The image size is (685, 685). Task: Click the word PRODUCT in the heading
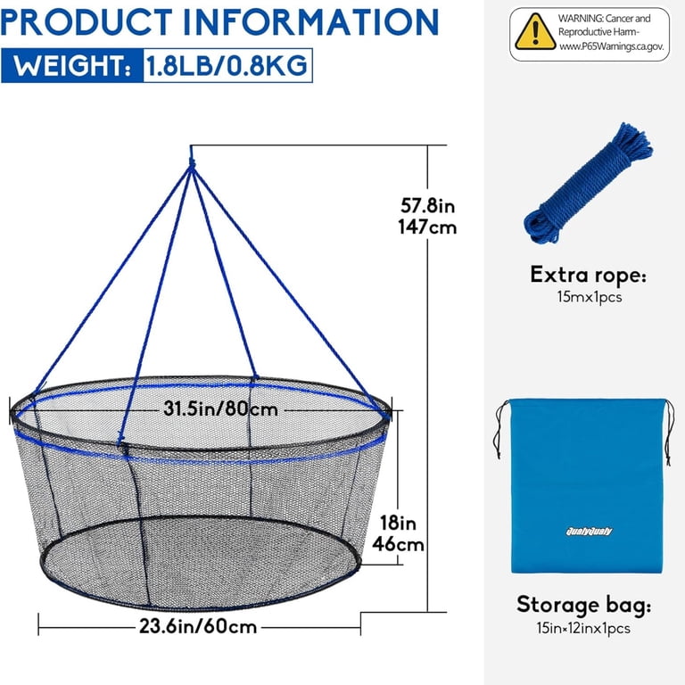(x=87, y=21)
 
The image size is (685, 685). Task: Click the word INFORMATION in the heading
(x=310, y=21)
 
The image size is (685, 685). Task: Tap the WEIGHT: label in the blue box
(x=72, y=66)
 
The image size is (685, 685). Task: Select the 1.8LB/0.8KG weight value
(x=227, y=66)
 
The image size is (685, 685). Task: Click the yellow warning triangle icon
(x=535, y=32)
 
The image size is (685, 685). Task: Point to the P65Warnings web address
(x=612, y=46)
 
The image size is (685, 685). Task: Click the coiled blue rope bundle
(x=588, y=183)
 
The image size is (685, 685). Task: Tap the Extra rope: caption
(x=588, y=275)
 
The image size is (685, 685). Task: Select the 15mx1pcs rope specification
(x=590, y=297)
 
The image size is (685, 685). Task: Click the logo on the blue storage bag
(x=589, y=532)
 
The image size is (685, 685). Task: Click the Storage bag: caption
(x=583, y=605)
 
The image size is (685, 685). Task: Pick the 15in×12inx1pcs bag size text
(x=583, y=628)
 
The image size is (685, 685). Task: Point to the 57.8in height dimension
(x=428, y=205)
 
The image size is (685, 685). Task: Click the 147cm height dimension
(x=427, y=227)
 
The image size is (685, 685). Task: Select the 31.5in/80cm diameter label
(x=220, y=409)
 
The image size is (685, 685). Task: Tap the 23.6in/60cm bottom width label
(x=198, y=626)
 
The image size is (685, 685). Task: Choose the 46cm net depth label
(x=398, y=545)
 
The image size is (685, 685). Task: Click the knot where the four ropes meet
(x=192, y=165)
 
